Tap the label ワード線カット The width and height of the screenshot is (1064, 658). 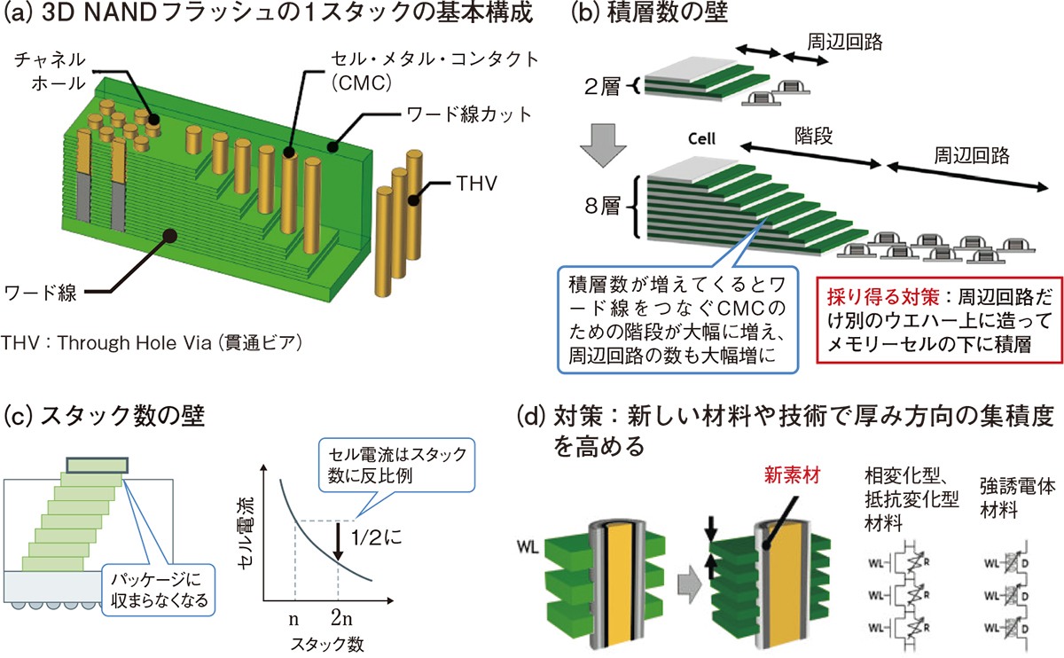point(456,114)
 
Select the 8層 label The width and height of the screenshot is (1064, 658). point(606,212)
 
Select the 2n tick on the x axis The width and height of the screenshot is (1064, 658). point(339,612)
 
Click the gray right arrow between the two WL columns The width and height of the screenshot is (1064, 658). point(691,584)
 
